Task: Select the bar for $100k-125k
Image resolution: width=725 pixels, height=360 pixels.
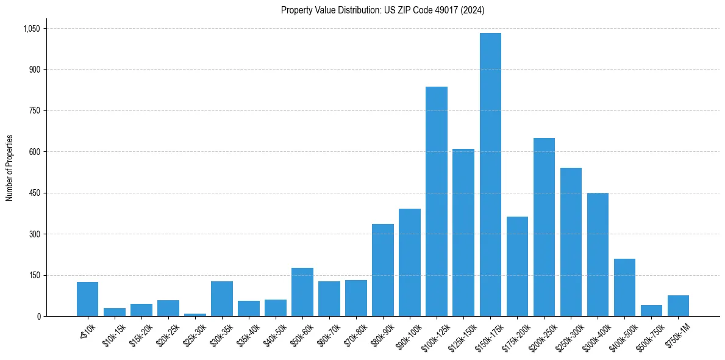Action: [437, 201]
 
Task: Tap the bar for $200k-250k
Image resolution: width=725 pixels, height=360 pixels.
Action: [544, 227]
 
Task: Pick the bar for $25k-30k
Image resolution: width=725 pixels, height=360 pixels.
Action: [195, 314]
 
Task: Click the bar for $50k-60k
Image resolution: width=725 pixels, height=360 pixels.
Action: [302, 292]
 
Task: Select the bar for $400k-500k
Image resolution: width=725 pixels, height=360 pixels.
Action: [624, 287]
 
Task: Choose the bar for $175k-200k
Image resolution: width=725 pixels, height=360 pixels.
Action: [517, 266]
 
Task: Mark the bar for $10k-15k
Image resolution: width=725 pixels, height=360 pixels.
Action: [115, 312]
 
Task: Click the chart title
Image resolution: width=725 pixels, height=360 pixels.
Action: [382, 10]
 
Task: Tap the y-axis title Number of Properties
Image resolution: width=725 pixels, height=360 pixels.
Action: [9, 168]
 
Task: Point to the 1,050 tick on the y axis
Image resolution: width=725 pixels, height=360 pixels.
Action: [31, 29]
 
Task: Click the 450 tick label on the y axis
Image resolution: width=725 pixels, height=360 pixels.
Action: [34, 193]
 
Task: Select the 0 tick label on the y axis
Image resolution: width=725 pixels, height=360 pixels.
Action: [39, 316]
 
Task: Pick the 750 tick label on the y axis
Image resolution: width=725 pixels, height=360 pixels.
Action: [34, 110]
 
